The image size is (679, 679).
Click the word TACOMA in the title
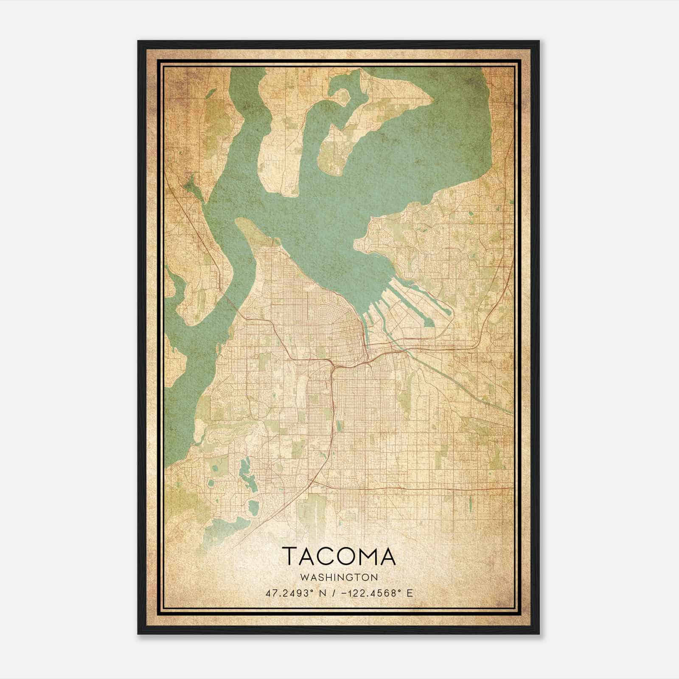(339, 557)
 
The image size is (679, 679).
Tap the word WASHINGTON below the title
(339, 578)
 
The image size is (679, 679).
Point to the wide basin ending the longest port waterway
(429, 323)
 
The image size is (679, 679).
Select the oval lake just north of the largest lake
(253, 507)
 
